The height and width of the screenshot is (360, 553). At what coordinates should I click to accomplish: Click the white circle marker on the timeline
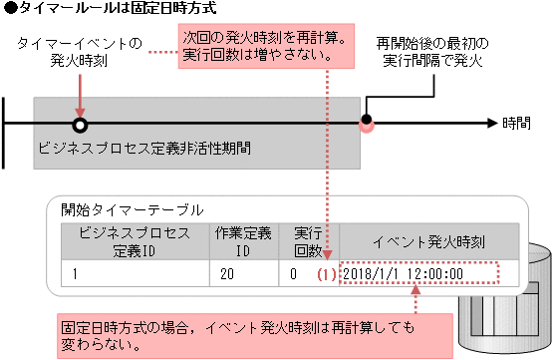80,125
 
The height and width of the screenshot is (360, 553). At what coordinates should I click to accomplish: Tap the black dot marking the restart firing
367,122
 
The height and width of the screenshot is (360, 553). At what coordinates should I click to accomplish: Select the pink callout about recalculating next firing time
267,46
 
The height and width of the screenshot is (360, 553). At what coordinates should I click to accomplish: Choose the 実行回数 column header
309,240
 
